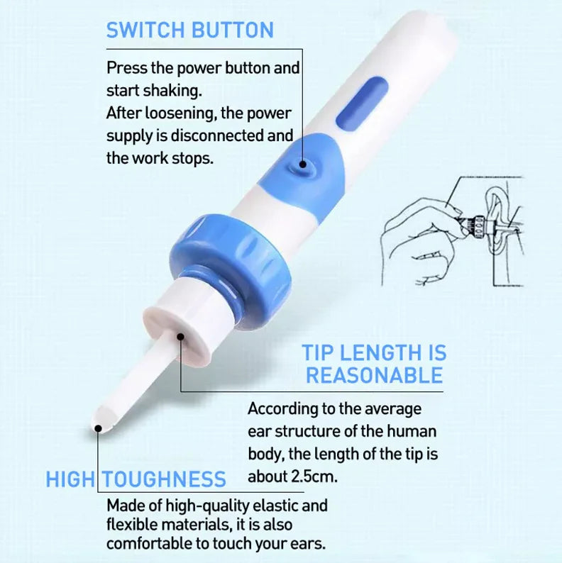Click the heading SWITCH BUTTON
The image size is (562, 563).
point(189,30)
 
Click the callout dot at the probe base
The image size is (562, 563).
point(180,338)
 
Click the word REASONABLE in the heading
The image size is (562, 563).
point(374,375)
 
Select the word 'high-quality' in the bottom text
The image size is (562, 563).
point(202,506)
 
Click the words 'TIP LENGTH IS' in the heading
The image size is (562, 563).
point(374,352)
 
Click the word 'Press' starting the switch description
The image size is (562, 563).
point(124,68)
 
